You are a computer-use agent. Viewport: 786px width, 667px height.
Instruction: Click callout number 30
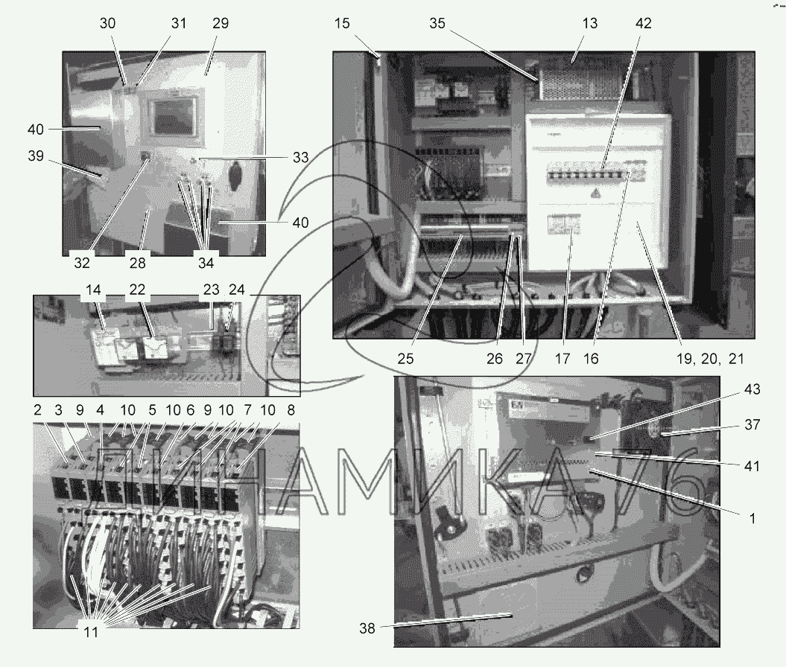click(x=108, y=23)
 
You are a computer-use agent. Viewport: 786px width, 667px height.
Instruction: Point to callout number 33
click(x=299, y=157)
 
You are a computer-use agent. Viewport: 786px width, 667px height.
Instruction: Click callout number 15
click(x=342, y=23)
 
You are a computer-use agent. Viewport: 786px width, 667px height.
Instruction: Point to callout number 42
click(x=644, y=23)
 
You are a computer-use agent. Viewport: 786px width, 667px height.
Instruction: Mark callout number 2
click(x=37, y=411)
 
